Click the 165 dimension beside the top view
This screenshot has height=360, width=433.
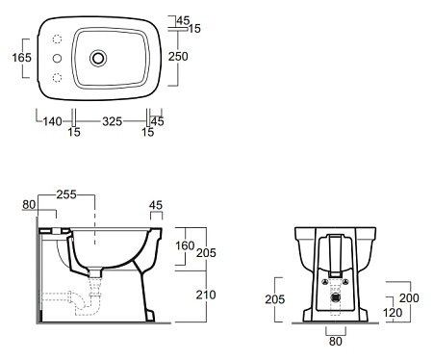click(x=22, y=58)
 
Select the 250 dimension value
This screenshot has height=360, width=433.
click(x=178, y=57)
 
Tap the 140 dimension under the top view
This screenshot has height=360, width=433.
click(x=52, y=121)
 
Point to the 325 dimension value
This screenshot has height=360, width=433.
click(x=113, y=121)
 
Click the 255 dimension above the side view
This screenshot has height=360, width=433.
click(x=66, y=194)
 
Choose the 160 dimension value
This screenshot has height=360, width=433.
click(x=185, y=245)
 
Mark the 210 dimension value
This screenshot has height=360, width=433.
click(x=206, y=295)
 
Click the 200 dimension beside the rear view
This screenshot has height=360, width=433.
click(x=409, y=298)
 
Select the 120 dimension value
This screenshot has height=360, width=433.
click(x=393, y=313)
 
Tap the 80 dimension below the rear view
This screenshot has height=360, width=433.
click(x=336, y=342)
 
